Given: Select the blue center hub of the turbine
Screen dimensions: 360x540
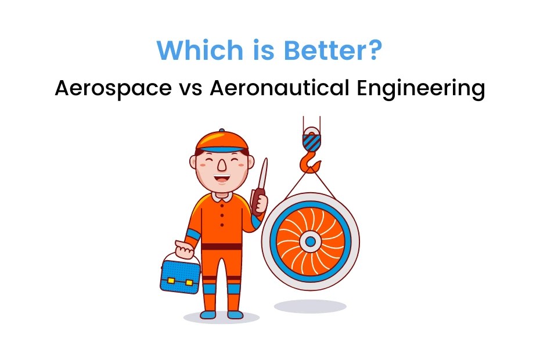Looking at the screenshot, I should (x=310, y=240).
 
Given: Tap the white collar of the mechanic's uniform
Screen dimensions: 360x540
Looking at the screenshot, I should (x=221, y=196).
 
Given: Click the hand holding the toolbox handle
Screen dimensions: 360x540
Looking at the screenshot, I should (x=185, y=250).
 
